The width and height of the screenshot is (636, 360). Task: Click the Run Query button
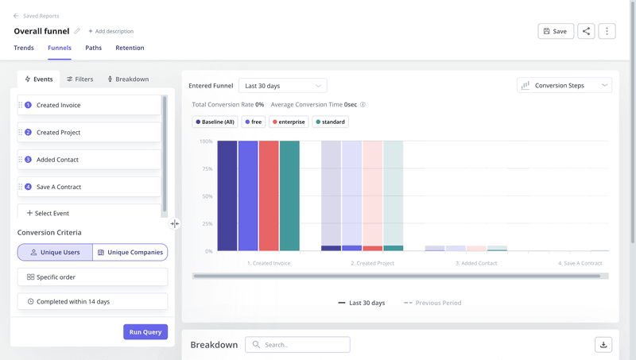tap(145, 331)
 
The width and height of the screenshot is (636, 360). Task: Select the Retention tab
tap(130, 48)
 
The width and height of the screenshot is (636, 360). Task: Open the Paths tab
tap(93, 48)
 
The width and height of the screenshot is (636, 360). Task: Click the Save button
tap(556, 31)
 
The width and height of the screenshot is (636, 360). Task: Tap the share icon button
tap(586, 31)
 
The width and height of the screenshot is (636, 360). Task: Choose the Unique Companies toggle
tap(130, 252)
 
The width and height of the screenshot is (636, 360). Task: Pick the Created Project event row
tap(89, 133)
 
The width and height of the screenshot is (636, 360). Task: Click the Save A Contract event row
tap(89, 187)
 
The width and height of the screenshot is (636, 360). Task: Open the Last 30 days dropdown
tap(282, 85)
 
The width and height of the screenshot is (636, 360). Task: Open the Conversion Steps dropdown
tap(564, 85)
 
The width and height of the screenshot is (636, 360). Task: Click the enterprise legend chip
tap(289, 122)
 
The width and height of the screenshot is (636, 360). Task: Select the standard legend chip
tap(331, 122)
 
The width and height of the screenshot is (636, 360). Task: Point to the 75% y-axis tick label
tap(205, 168)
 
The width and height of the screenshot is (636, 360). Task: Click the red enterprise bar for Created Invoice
tap(269, 195)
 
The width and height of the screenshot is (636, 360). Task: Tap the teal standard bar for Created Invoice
tap(289, 195)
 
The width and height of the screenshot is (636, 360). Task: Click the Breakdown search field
tap(298, 345)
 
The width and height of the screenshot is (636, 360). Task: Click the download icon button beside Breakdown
tap(603, 345)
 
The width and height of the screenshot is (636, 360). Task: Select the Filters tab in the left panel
tap(79, 79)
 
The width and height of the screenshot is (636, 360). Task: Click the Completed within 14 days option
tap(92, 301)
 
